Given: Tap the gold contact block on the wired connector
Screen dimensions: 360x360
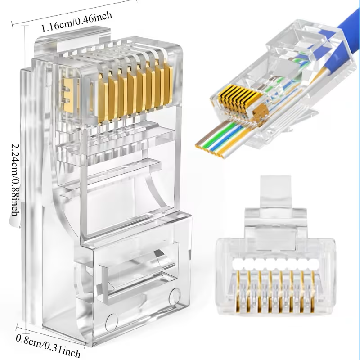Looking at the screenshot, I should pyautogui.click(x=236, y=97).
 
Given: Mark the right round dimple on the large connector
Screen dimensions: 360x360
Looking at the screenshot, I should pyautogui.click(x=174, y=295).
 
